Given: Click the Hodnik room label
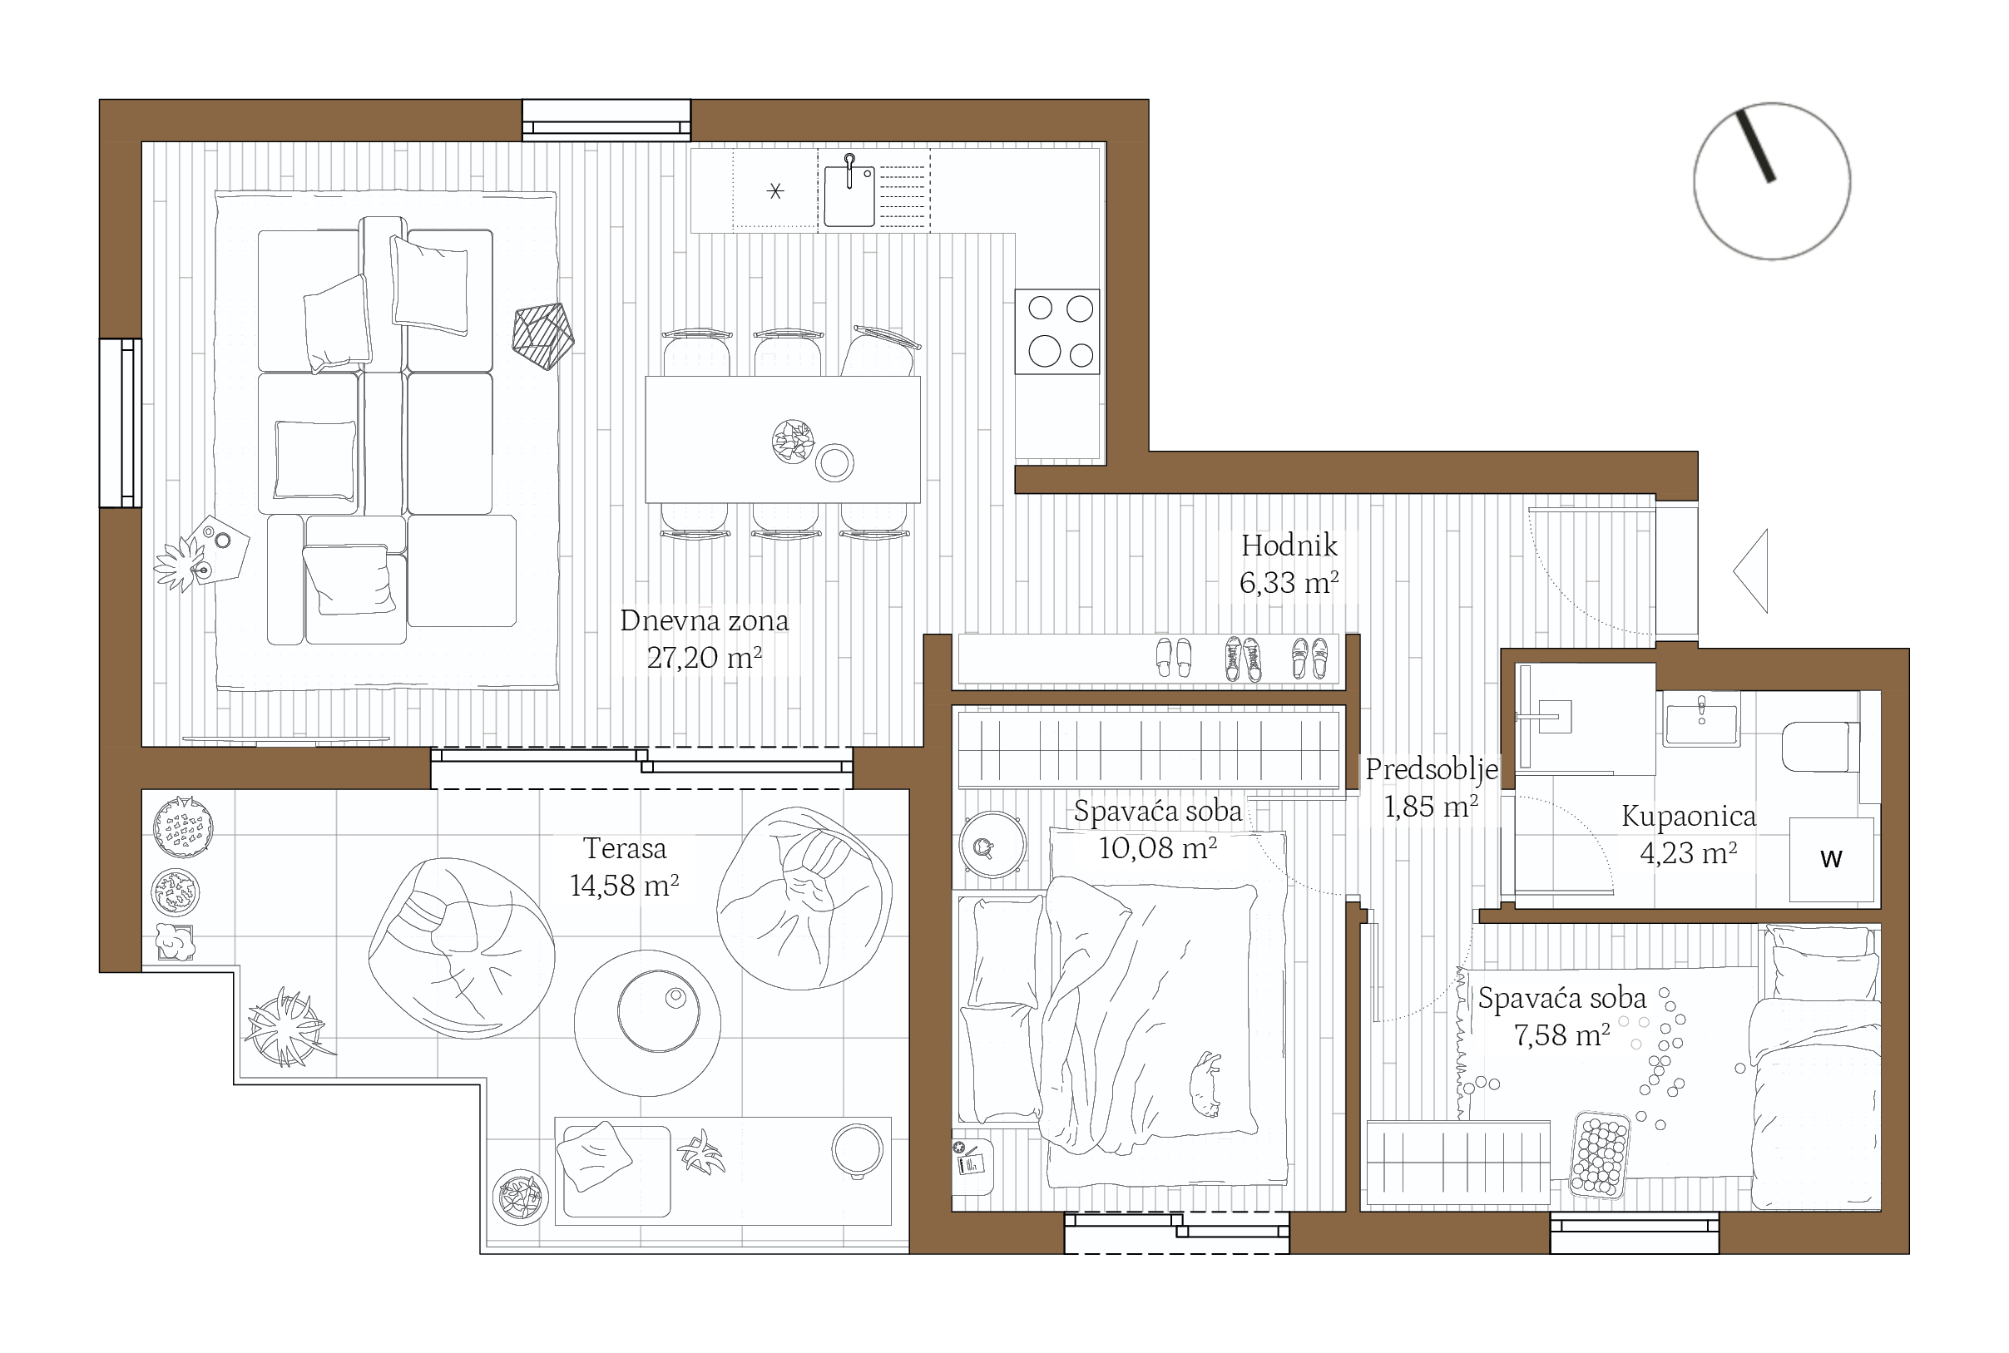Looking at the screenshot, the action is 1289,546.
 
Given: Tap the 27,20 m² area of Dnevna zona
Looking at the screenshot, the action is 704,658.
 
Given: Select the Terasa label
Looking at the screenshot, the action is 625,848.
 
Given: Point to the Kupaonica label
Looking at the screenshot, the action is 1688,816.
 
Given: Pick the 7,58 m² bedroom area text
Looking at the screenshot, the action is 1562,1035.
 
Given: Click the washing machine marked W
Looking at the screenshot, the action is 1831,859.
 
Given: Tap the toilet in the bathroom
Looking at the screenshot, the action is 1820,747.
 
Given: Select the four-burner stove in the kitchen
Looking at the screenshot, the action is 1057,331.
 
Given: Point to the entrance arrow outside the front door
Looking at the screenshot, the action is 1751,570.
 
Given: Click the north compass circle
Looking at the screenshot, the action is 1772,181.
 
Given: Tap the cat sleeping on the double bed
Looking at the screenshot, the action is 1205,1084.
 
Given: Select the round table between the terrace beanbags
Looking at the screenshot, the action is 647,1023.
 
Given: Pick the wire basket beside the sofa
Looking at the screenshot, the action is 543,336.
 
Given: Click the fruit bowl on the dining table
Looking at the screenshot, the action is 793,442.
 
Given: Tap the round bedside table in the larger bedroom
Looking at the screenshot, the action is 993,845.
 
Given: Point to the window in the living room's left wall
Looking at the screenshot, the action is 120,422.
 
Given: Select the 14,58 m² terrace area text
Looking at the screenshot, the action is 624,886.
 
